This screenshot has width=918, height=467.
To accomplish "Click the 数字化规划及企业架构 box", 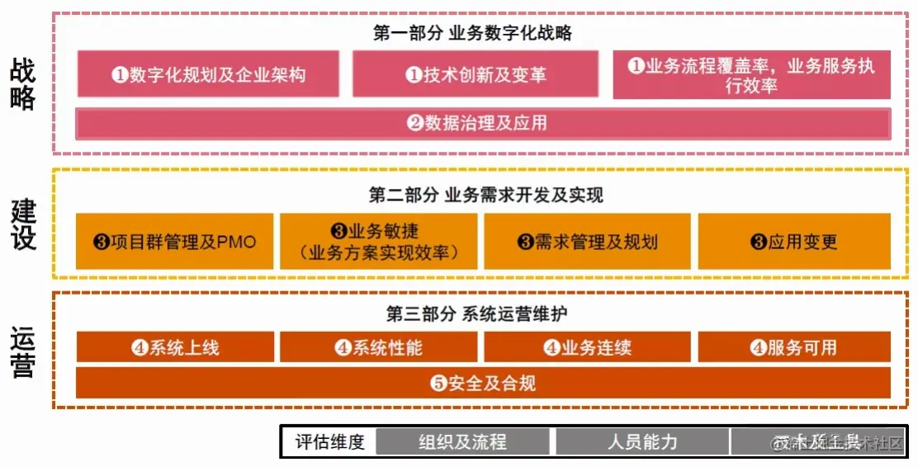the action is (208, 74).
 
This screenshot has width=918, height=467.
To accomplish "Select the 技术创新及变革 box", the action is (476, 74).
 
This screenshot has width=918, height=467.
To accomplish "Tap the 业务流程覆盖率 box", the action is (751, 75).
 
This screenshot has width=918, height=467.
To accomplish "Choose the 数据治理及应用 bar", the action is (483, 124).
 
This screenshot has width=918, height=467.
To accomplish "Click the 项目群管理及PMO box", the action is (175, 242).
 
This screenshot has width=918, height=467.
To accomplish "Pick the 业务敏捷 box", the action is (379, 242).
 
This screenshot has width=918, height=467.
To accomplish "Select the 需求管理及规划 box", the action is (588, 242).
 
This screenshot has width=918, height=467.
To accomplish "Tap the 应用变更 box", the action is (794, 242).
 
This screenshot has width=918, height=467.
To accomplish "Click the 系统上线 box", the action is (175, 347).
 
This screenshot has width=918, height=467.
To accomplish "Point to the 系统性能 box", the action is (379, 347).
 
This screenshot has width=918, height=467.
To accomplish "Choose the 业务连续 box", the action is (588, 347).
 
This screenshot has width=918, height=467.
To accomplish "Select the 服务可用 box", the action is (794, 347).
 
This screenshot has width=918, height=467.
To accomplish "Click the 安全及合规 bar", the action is (483, 383).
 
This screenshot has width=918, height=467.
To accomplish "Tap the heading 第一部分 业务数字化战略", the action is (472, 33).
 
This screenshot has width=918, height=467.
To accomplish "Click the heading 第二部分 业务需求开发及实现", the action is (486, 196).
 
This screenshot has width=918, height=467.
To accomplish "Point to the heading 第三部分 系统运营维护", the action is (476, 314).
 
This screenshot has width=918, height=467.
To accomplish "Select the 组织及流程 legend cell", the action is (462, 441).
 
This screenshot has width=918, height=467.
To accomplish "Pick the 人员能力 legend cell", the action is (642, 441).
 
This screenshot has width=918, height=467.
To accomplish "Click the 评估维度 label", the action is (330, 441).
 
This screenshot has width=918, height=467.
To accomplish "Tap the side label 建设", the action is (24, 224).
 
